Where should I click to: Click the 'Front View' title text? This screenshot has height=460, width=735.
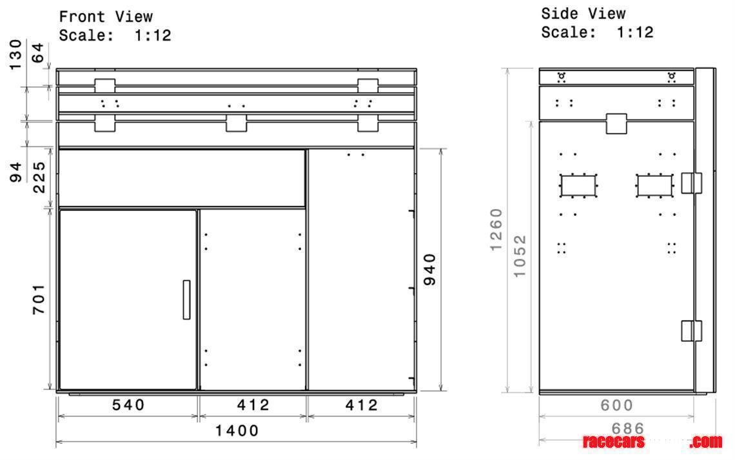coord(106,16)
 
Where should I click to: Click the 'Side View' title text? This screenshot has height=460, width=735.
coord(583,14)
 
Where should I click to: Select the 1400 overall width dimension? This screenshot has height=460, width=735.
coord(237,430)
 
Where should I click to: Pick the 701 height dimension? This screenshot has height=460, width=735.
coord(39,299)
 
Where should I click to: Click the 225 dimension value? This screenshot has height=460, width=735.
coord(39,177)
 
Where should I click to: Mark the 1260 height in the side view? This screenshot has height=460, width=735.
coord(496,230)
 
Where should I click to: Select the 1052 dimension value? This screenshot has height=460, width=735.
coord(520,256)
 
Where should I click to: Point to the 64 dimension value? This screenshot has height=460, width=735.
coord(39,52)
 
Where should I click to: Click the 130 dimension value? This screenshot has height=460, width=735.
coord(16,52)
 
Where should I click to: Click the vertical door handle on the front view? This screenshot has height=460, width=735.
coord(186,299)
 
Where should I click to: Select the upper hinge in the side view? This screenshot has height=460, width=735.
coord(691,183)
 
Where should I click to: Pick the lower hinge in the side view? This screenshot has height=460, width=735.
coord(691,330)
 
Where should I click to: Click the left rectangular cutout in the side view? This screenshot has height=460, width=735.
coord(579,185)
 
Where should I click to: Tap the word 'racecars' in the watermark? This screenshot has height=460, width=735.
coord(613,442)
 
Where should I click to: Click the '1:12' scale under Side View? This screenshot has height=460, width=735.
coord(634,32)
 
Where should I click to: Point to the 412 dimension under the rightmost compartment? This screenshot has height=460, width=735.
coord(361,405)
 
